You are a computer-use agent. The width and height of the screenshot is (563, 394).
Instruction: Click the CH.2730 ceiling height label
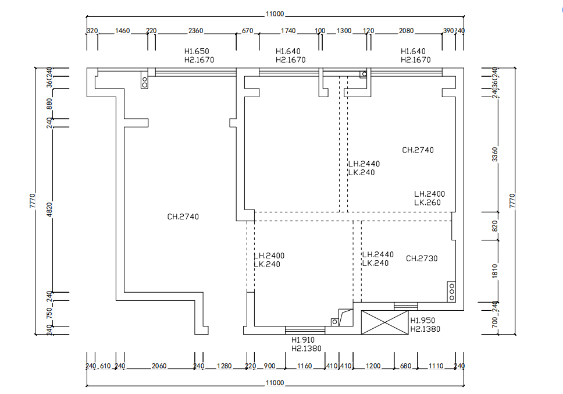422,258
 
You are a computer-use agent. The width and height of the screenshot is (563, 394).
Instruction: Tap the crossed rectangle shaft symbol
385,322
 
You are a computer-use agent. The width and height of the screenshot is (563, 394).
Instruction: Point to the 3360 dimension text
495,154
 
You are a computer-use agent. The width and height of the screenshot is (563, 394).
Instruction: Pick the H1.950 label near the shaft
423,321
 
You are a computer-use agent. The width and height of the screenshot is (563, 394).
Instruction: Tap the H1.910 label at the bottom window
303,340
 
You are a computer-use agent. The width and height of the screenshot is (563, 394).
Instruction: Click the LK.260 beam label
427,203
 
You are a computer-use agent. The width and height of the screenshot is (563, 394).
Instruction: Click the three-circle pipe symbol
451,291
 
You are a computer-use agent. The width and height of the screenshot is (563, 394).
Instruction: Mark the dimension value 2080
407,31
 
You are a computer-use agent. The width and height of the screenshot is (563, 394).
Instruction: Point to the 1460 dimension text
122,31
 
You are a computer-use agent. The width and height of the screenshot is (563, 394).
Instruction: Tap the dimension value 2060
159,366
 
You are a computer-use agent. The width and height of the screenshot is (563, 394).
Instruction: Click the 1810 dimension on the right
495,270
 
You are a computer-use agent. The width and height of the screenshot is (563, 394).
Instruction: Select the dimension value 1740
288,31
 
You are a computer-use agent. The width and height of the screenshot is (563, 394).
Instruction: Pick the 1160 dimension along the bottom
304,366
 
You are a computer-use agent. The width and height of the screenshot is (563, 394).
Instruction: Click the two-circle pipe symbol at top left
144,80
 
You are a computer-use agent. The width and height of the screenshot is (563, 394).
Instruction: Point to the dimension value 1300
344,31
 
